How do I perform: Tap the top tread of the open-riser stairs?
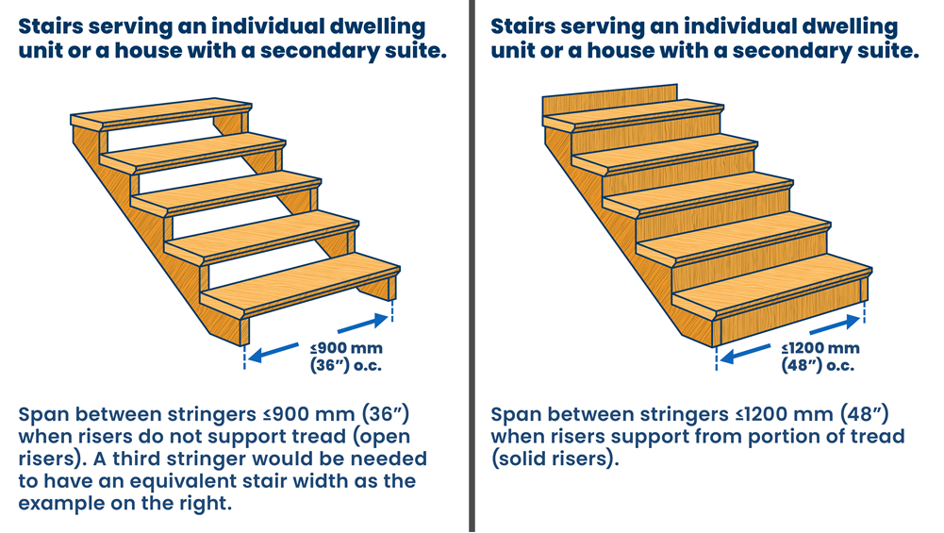coord(160,118)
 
